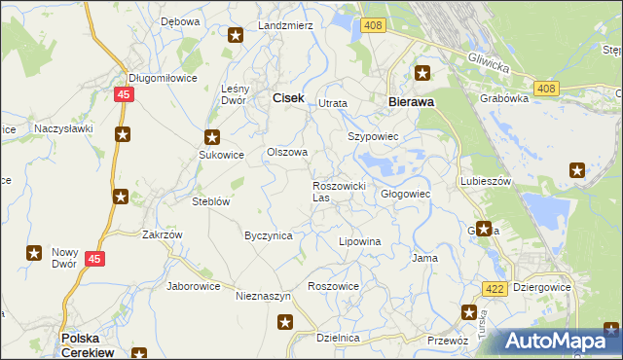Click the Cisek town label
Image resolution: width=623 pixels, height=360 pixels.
tap(288, 97)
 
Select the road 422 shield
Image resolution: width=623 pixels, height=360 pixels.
tap(494, 288)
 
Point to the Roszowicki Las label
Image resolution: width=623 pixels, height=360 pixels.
tap(338, 191)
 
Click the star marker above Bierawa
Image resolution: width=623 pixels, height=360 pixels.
tap(422, 72)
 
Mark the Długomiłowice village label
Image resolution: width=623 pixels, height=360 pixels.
tap(163, 79)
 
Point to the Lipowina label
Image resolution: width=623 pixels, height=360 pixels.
tap(358, 240)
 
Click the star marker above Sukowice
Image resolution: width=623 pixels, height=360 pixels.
tap(212, 137)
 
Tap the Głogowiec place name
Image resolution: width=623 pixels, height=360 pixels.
tap(405, 194)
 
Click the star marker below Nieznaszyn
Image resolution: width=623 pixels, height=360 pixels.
tap(284, 323)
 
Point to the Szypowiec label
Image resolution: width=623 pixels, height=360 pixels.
tap(374, 136)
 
